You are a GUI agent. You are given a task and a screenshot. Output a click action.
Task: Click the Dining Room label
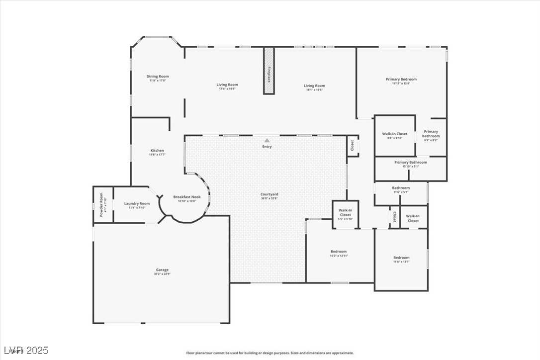tap(158, 77)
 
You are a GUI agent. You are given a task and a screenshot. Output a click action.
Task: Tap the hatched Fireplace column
tap(269, 71)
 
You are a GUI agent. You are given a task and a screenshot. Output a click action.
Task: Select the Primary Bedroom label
tap(401, 79)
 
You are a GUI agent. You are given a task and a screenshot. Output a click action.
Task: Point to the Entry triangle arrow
tap(267, 141)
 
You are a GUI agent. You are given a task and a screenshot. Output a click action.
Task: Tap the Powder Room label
tap(101, 204)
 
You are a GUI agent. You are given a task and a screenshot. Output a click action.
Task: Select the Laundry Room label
tap(137, 203)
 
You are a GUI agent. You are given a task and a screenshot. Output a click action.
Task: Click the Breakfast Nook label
tap(185, 197)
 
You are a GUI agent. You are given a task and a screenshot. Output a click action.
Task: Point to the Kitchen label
tap(157, 151)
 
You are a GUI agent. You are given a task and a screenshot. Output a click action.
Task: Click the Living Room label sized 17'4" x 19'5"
tap(227, 85)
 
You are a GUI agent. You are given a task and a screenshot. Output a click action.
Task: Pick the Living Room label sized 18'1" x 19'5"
tap(314, 86)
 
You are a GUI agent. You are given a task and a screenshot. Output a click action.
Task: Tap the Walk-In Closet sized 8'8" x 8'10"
tap(394, 134)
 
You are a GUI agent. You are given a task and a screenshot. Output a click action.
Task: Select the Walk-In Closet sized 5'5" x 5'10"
tap(345, 213)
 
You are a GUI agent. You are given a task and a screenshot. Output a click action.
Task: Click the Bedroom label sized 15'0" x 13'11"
tap(339, 252)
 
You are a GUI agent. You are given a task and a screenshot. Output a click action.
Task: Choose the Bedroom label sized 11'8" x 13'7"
tap(401, 258)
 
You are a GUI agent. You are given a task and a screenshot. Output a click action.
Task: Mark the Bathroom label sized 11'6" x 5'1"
tap(400, 188)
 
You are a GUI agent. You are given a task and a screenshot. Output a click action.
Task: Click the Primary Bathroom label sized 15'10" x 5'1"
tap(410, 162)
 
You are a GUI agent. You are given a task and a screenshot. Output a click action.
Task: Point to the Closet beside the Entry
tap(352, 146)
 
